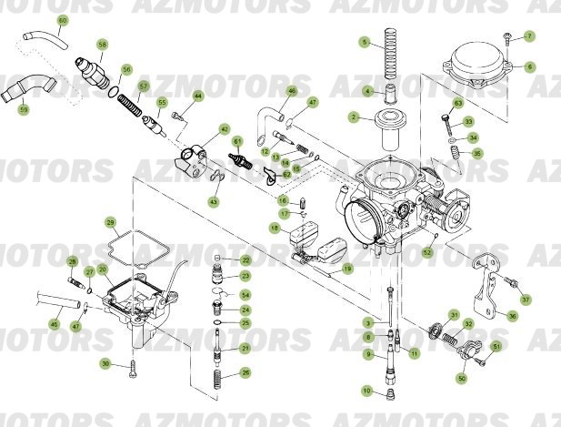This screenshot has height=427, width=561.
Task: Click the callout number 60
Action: [63, 20]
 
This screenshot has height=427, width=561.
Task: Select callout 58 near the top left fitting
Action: [102, 45]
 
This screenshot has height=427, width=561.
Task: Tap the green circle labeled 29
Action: [110, 222]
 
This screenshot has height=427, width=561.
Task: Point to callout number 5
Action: [364, 43]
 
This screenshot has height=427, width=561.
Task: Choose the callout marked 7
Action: [530, 36]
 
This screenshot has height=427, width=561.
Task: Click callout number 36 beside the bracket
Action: [512, 316]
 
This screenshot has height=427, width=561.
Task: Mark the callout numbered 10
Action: [366, 391]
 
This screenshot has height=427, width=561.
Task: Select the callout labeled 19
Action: [346, 269]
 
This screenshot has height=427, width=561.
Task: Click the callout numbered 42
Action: [225, 130]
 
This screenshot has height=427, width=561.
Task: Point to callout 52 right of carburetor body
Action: [427, 251]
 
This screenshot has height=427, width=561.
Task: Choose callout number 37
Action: [526, 299]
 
